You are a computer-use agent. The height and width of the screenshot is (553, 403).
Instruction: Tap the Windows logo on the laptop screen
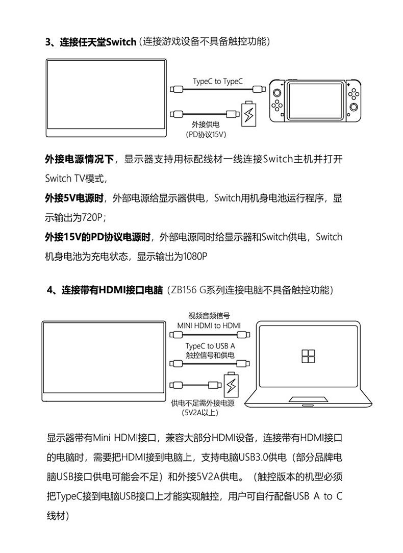click(x=307, y=356)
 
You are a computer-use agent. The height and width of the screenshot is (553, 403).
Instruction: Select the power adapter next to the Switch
click(x=249, y=113)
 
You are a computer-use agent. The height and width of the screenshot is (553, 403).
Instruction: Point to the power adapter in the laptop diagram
click(x=231, y=386)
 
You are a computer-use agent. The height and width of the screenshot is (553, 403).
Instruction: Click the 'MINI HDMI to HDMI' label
click(x=209, y=325)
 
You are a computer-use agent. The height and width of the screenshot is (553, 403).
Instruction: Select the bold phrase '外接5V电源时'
click(x=74, y=198)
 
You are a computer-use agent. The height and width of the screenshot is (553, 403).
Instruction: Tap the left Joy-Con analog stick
click(x=276, y=93)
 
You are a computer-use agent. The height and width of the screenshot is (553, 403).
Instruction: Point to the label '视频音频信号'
click(x=209, y=315)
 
